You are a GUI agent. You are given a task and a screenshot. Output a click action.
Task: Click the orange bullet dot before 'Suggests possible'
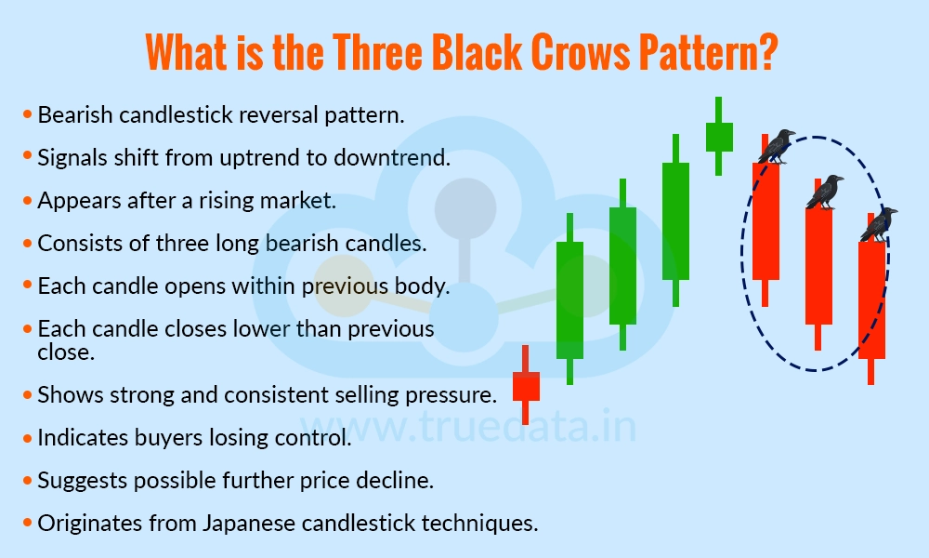coord(27,480)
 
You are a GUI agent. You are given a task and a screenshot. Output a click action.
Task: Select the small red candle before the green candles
coord(526,385)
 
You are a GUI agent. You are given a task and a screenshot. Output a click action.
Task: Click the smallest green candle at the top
coord(719,137)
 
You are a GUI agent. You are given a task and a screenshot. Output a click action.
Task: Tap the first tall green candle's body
coord(569,299)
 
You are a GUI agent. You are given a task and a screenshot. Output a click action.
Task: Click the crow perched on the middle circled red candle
coord(825,192)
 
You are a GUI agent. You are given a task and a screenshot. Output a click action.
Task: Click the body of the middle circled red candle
coord(818,266)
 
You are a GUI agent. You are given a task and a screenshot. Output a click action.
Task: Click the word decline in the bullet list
coord(400,480)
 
